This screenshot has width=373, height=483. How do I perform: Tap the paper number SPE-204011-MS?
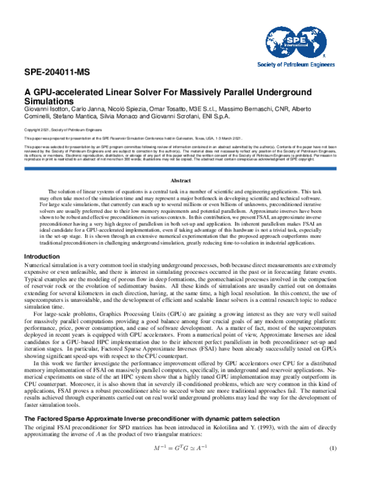tap(54, 72)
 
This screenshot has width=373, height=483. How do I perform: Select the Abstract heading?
tap(186, 180)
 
